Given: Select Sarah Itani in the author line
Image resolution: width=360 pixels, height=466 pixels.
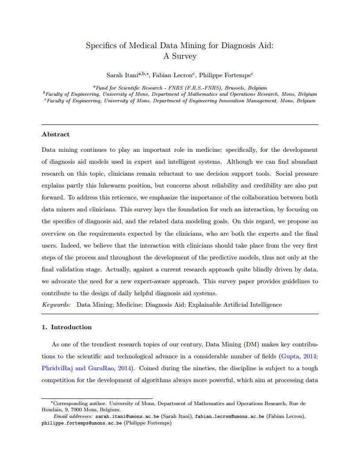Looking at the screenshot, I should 122,75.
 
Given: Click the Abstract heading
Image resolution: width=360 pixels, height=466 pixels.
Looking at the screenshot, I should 56,134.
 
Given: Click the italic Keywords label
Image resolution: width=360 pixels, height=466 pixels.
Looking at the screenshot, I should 56,304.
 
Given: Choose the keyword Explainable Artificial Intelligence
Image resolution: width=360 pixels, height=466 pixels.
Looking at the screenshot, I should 235,304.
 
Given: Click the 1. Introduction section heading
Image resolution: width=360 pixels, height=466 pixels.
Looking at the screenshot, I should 67,327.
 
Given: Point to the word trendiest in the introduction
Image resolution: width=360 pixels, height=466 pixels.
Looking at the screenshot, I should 101,344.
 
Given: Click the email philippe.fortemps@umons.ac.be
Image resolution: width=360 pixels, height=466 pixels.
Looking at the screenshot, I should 82,423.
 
